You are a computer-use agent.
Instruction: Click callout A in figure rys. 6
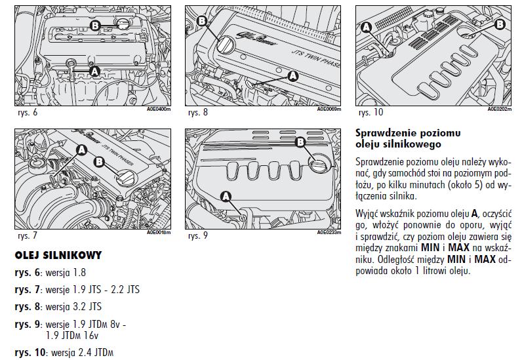coord(93,70)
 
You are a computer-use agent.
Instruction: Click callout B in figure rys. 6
coord(95,25)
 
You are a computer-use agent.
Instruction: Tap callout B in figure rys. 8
coord(201,22)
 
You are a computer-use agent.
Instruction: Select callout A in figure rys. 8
coord(292,76)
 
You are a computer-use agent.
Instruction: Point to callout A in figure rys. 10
coord(367,26)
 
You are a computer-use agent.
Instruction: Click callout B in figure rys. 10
coord(500,24)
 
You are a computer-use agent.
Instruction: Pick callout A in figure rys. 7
coord(82,150)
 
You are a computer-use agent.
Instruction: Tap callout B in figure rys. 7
coord(100,161)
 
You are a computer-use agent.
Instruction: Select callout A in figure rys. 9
coord(226,195)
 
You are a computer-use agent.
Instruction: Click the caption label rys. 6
coord(28,112)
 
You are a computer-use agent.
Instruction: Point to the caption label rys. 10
coord(369,112)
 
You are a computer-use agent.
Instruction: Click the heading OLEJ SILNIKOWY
coord(58,255)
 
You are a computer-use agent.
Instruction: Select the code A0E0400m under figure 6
coord(159,110)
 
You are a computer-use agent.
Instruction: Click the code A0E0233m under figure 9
coord(329,232)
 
